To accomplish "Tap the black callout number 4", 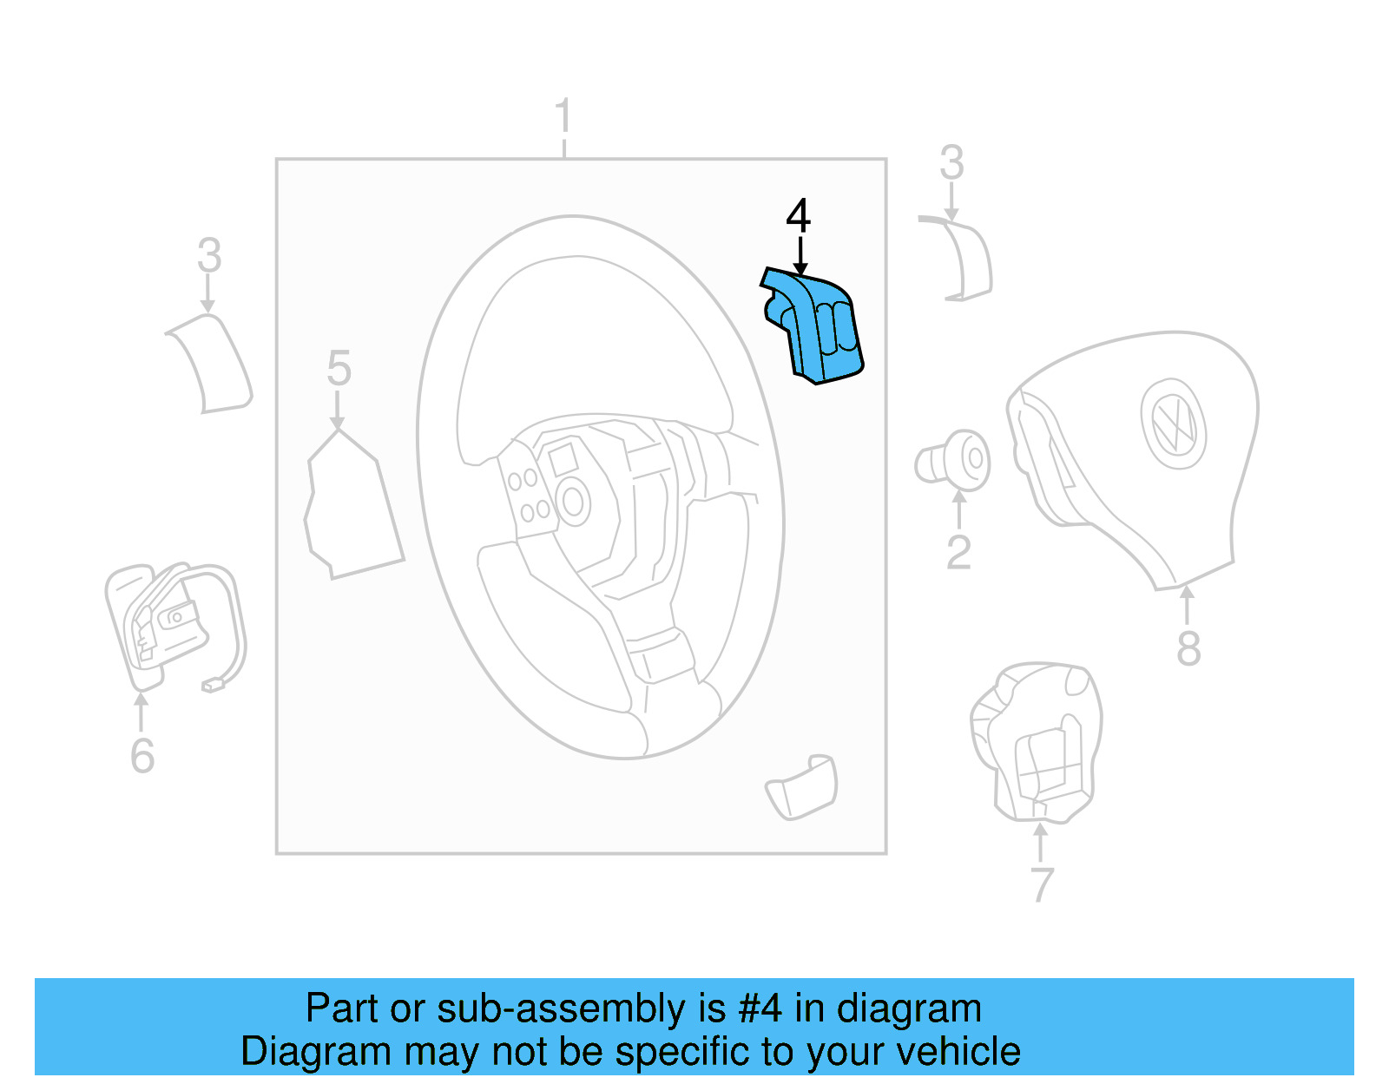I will click(x=798, y=216).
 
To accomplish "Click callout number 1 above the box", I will click(x=563, y=116).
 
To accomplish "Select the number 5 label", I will click(x=339, y=368).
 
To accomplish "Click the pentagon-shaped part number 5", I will click(x=352, y=508).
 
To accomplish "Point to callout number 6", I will click(x=142, y=755).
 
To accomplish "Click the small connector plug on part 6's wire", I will click(x=214, y=686).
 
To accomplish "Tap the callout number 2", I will click(x=958, y=552).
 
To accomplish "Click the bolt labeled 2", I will click(x=955, y=461).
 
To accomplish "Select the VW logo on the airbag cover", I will click(x=1173, y=424).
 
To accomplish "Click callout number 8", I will click(x=1188, y=648).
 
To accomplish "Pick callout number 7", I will click(x=1042, y=884).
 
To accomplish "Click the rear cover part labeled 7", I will click(x=1037, y=742).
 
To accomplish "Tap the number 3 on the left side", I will click(x=209, y=256).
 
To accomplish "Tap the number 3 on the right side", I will click(x=951, y=163).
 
